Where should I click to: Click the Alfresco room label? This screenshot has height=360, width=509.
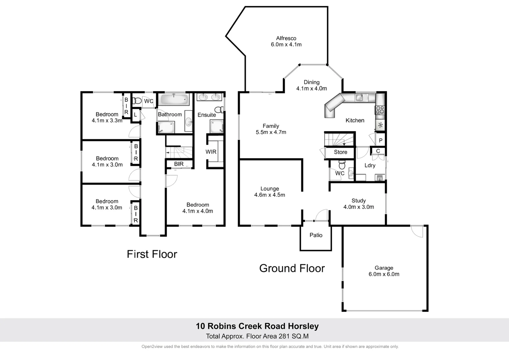tap(286, 38)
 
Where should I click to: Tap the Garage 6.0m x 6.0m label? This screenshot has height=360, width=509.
tap(384, 271)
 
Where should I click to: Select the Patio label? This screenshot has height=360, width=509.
tap(316, 235)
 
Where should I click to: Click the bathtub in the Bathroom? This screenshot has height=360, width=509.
tap(174, 99)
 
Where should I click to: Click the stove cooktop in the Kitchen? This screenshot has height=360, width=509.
tap(380, 110)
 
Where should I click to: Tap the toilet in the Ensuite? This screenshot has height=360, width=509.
tap(219, 109)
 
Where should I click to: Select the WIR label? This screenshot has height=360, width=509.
tap(211, 152)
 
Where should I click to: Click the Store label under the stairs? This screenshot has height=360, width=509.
tap(340, 152)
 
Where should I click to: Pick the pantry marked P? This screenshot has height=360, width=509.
tap(380, 140)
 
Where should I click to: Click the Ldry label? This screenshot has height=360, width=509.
tap(370, 165)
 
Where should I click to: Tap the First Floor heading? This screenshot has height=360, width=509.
tap(152, 254)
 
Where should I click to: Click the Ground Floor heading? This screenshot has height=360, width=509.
tap(292, 268)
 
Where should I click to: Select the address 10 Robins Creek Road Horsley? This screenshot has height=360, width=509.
tap(257, 326)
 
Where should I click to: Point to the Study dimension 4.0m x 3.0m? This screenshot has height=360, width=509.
tap(358, 207)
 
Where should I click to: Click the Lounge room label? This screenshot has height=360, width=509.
tap(269, 189)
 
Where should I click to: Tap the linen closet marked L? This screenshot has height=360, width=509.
tap(135, 115)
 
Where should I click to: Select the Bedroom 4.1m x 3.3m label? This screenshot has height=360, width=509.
tap(107, 117)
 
